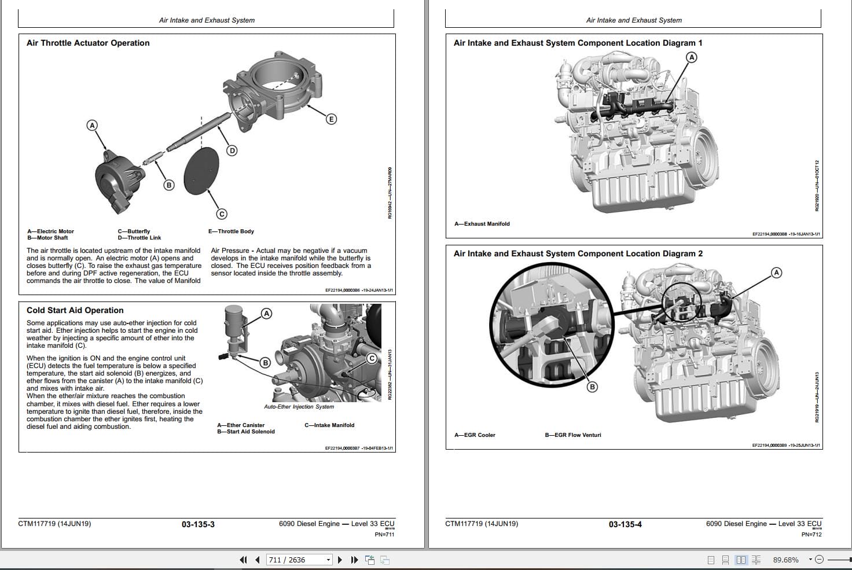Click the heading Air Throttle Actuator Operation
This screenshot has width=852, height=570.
pyautogui.click(x=88, y=43)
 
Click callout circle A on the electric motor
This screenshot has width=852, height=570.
pyautogui.click(x=91, y=126)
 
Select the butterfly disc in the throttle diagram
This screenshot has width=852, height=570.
pyautogui.click(x=201, y=170)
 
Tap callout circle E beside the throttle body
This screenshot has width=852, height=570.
pyautogui.click(x=331, y=119)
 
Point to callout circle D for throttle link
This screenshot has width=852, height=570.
pyautogui.click(x=232, y=151)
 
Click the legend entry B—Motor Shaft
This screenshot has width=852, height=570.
pyautogui.click(x=47, y=238)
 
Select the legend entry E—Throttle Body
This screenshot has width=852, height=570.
pyautogui.click(x=231, y=231)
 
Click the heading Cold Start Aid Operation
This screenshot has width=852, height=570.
pyautogui.click(x=75, y=310)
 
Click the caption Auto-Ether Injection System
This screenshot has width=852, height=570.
pyautogui.click(x=299, y=407)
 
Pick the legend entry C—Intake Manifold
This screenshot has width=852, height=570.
pyautogui.click(x=329, y=425)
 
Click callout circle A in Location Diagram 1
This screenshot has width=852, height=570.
pyautogui.click(x=691, y=57)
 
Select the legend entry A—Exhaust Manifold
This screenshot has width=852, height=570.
pyautogui.click(x=482, y=224)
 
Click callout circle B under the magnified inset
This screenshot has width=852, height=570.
pyautogui.click(x=592, y=387)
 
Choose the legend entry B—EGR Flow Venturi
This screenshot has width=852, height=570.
pyautogui.click(x=572, y=435)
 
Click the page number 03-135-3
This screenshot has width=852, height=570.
pyautogui.click(x=198, y=524)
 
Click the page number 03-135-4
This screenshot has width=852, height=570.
pyautogui.click(x=625, y=524)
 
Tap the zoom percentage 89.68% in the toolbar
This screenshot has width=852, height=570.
pyautogui.click(x=785, y=560)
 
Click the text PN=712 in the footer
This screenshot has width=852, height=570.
pyautogui.click(x=811, y=534)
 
